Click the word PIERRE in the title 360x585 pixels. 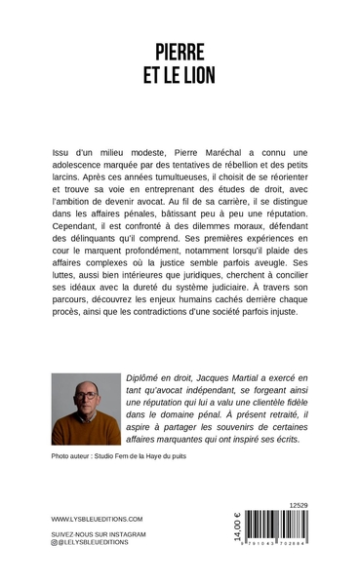tap(180, 52)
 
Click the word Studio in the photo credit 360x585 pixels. tap(119, 456)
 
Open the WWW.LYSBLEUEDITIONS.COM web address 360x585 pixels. tap(97, 520)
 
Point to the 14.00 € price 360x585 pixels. tap(236, 531)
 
